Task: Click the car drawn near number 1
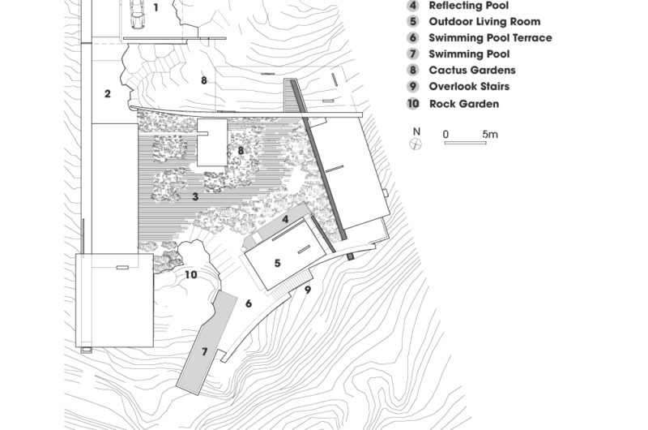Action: tap(137, 15)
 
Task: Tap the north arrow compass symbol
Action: tap(416, 144)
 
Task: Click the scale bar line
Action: tap(465, 143)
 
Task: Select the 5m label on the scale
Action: tap(490, 134)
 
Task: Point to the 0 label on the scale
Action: tap(446, 134)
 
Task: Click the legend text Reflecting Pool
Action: tap(469, 6)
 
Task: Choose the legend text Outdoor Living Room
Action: tap(484, 22)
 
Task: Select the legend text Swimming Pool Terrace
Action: tap(490, 37)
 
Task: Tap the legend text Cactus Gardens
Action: tap(472, 70)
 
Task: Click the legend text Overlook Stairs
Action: tap(469, 87)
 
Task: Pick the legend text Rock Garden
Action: tap(464, 104)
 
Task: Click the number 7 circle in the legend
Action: tap(413, 54)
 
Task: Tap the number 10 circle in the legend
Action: tap(413, 104)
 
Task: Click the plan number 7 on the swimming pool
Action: tap(204, 352)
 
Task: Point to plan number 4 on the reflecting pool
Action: tap(285, 219)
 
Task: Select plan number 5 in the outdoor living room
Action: tap(277, 263)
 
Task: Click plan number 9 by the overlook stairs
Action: tap(308, 290)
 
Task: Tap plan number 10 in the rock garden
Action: tap(190, 275)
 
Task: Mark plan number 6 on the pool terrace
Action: tap(249, 303)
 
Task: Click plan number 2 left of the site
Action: tap(108, 93)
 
